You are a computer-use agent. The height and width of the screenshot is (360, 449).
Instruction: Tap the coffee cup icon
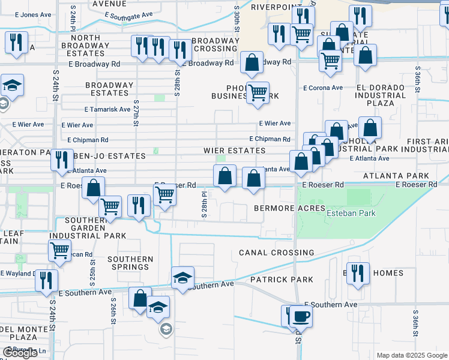click(301, 316)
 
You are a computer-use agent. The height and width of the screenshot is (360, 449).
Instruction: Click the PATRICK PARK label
click(282, 280)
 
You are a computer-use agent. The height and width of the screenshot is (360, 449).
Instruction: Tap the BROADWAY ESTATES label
click(109, 89)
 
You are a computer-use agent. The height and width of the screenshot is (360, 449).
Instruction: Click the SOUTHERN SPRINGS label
click(130, 263)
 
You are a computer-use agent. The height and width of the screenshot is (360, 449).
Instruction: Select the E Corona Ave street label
click(322, 88)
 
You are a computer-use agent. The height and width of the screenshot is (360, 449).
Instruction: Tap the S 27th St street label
click(136, 112)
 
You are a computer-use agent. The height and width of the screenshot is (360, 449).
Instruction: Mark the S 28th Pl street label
click(205, 204)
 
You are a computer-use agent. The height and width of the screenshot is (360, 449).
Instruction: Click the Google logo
click(20, 353)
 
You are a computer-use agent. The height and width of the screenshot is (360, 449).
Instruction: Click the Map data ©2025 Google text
click(412, 355)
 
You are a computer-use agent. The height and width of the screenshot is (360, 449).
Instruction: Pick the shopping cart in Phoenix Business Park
click(258, 92)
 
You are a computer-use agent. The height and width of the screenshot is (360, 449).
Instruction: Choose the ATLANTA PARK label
click(396, 176)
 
